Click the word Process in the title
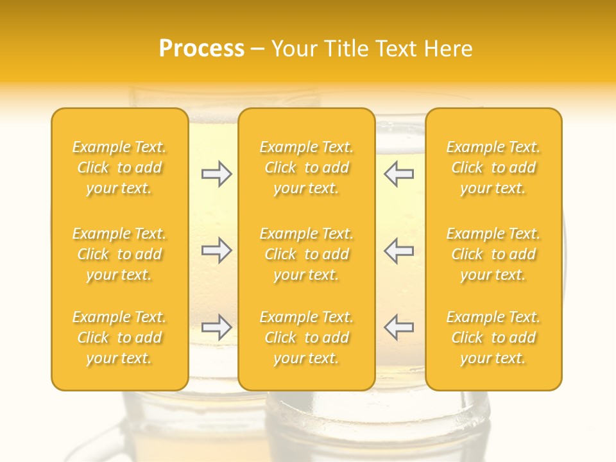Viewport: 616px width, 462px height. coord(201,49)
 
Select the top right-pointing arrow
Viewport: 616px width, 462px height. coord(217,174)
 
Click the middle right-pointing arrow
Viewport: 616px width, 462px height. coord(217,250)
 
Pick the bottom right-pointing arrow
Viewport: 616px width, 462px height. coord(217,327)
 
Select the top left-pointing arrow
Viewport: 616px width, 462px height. coord(398,174)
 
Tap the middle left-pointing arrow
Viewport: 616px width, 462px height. coord(398,250)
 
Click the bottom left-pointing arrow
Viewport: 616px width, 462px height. coord(398,327)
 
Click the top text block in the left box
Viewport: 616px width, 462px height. coord(119,167)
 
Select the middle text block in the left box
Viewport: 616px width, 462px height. coord(119,254)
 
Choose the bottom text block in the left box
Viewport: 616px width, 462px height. coord(119,338)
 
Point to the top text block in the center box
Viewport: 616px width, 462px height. coord(307,167)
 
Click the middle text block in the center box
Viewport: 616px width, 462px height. coord(307,254)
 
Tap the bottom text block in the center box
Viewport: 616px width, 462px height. coord(307,338)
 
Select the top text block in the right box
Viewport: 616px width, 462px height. coord(493,167)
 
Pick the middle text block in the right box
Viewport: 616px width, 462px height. coord(493,254)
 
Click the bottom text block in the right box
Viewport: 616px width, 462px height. coord(493,338)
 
